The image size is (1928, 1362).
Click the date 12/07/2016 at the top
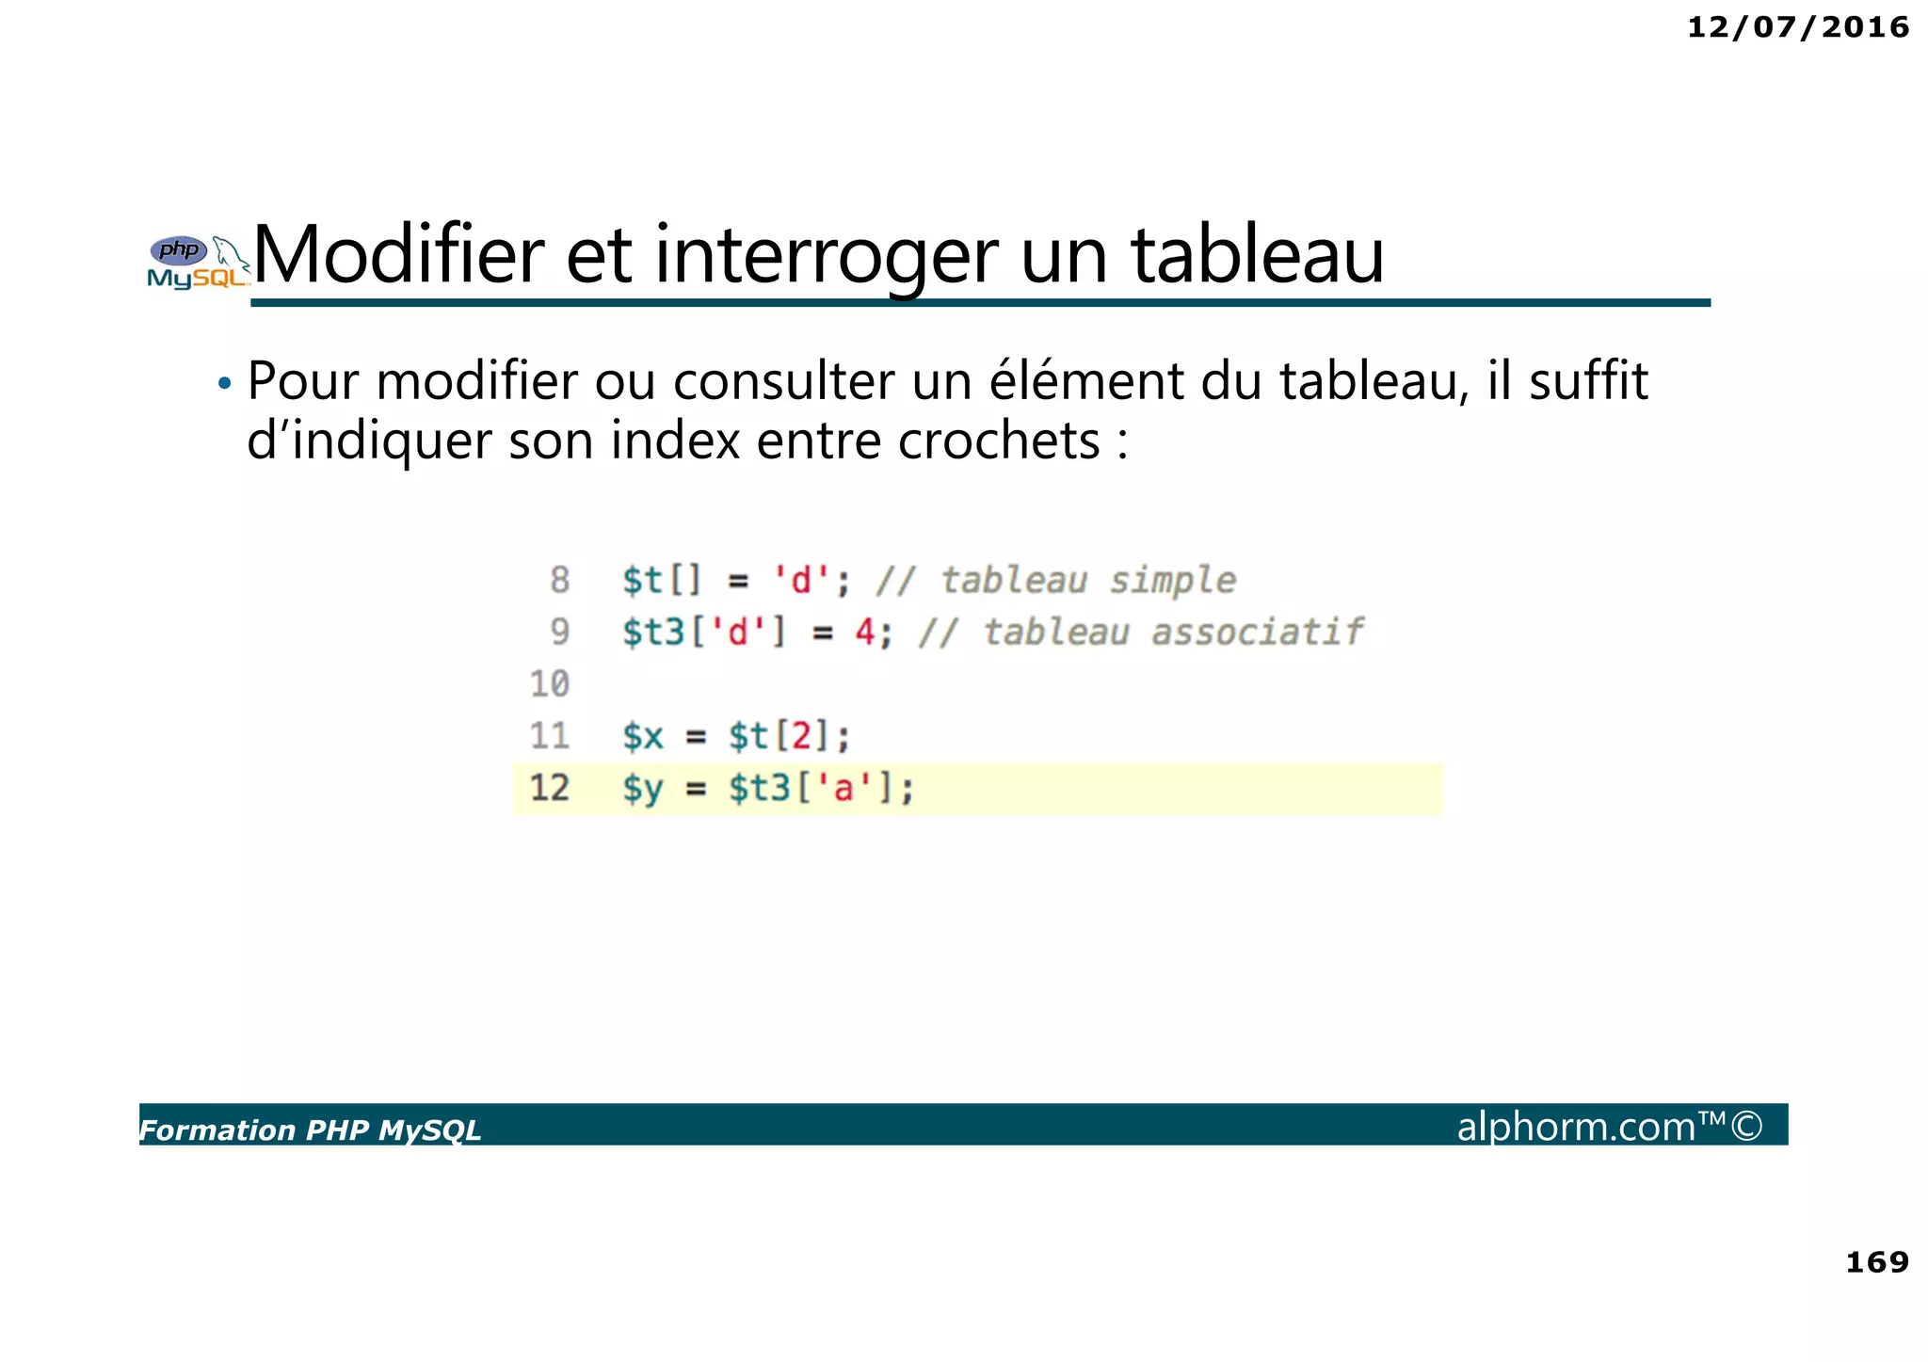(1797, 27)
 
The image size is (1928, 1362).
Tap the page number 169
(1876, 1261)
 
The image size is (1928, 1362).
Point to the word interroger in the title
(826, 256)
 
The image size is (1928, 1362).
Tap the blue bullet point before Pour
(224, 384)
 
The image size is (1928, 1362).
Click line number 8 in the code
(560, 580)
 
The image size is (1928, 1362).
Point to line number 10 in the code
(550, 683)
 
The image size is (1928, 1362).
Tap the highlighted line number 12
(550, 788)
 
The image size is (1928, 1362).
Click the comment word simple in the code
(1172, 581)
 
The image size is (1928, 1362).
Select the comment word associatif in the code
(1257, 633)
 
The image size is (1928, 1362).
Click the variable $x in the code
(643, 736)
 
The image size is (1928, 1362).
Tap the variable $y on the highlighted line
(643, 789)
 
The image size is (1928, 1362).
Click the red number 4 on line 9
(865, 633)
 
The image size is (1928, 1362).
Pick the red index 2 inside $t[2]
(801, 736)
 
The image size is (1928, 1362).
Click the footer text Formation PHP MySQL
(311, 1130)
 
